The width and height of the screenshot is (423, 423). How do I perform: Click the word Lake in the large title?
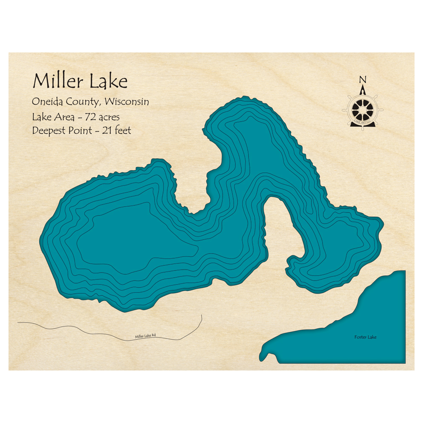coord(108,81)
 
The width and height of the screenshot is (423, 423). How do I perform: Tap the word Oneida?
coord(45,102)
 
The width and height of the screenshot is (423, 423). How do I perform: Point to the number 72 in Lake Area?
coord(90,117)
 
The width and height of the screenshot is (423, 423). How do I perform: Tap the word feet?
coord(122,131)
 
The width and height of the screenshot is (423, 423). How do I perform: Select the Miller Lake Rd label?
coord(145,336)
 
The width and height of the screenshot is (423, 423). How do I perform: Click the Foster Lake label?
coord(365,337)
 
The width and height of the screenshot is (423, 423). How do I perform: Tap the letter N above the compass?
coord(362,80)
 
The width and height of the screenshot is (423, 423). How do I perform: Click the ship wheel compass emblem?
coord(363,110)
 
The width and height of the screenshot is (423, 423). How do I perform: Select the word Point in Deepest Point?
coord(80,131)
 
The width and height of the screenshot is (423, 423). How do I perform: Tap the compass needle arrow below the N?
coord(362,90)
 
